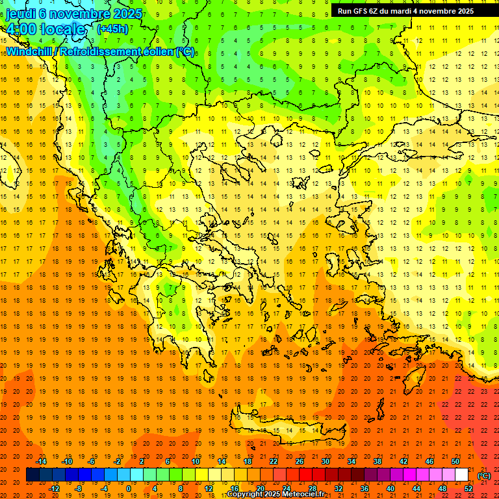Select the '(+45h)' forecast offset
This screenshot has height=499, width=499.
(x=112, y=29)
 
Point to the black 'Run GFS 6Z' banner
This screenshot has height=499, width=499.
(x=405, y=11)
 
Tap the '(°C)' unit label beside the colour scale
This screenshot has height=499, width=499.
(x=483, y=475)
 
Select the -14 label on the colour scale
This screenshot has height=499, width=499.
(x=44, y=461)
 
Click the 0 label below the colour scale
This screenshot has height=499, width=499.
(x=129, y=488)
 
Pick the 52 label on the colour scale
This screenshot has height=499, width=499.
(x=468, y=488)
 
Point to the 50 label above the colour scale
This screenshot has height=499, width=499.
(x=455, y=461)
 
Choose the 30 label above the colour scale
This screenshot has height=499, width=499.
(x=326, y=461)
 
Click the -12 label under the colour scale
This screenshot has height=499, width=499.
(x=55, y=488)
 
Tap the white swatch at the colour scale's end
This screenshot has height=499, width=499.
(x=462, y=475)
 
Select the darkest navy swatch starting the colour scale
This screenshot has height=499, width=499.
(x=32, y=475)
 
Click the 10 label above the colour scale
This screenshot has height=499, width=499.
(x=196, y=461)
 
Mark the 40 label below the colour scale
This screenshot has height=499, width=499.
(x=390, y=488)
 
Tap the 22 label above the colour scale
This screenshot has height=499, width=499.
(x=274, y=461)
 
